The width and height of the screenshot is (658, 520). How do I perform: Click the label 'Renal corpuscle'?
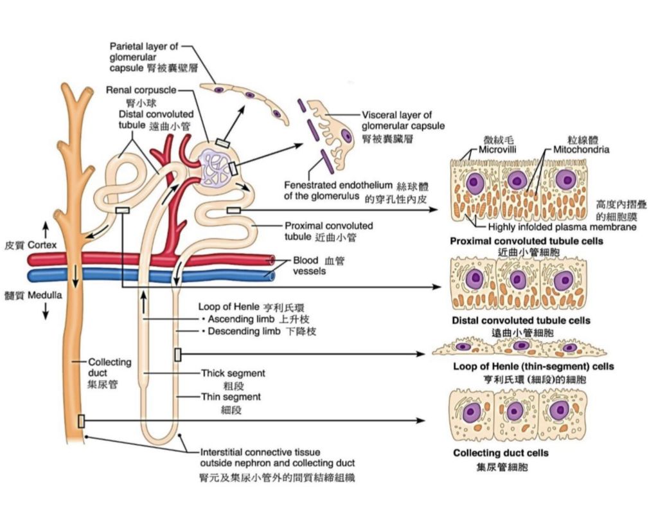(x=141, y=90)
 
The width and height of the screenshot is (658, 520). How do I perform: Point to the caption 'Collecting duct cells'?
(x=501, y=453)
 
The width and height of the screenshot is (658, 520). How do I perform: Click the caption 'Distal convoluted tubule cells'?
(x=521, y=320)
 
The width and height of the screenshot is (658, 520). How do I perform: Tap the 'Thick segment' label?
(x=233, y=373)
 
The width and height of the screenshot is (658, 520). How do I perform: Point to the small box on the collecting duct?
(x=81, y=421)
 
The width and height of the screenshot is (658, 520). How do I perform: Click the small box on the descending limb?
(x=177, y=354)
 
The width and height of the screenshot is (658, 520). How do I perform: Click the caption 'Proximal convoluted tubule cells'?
(x=526, y=241)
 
